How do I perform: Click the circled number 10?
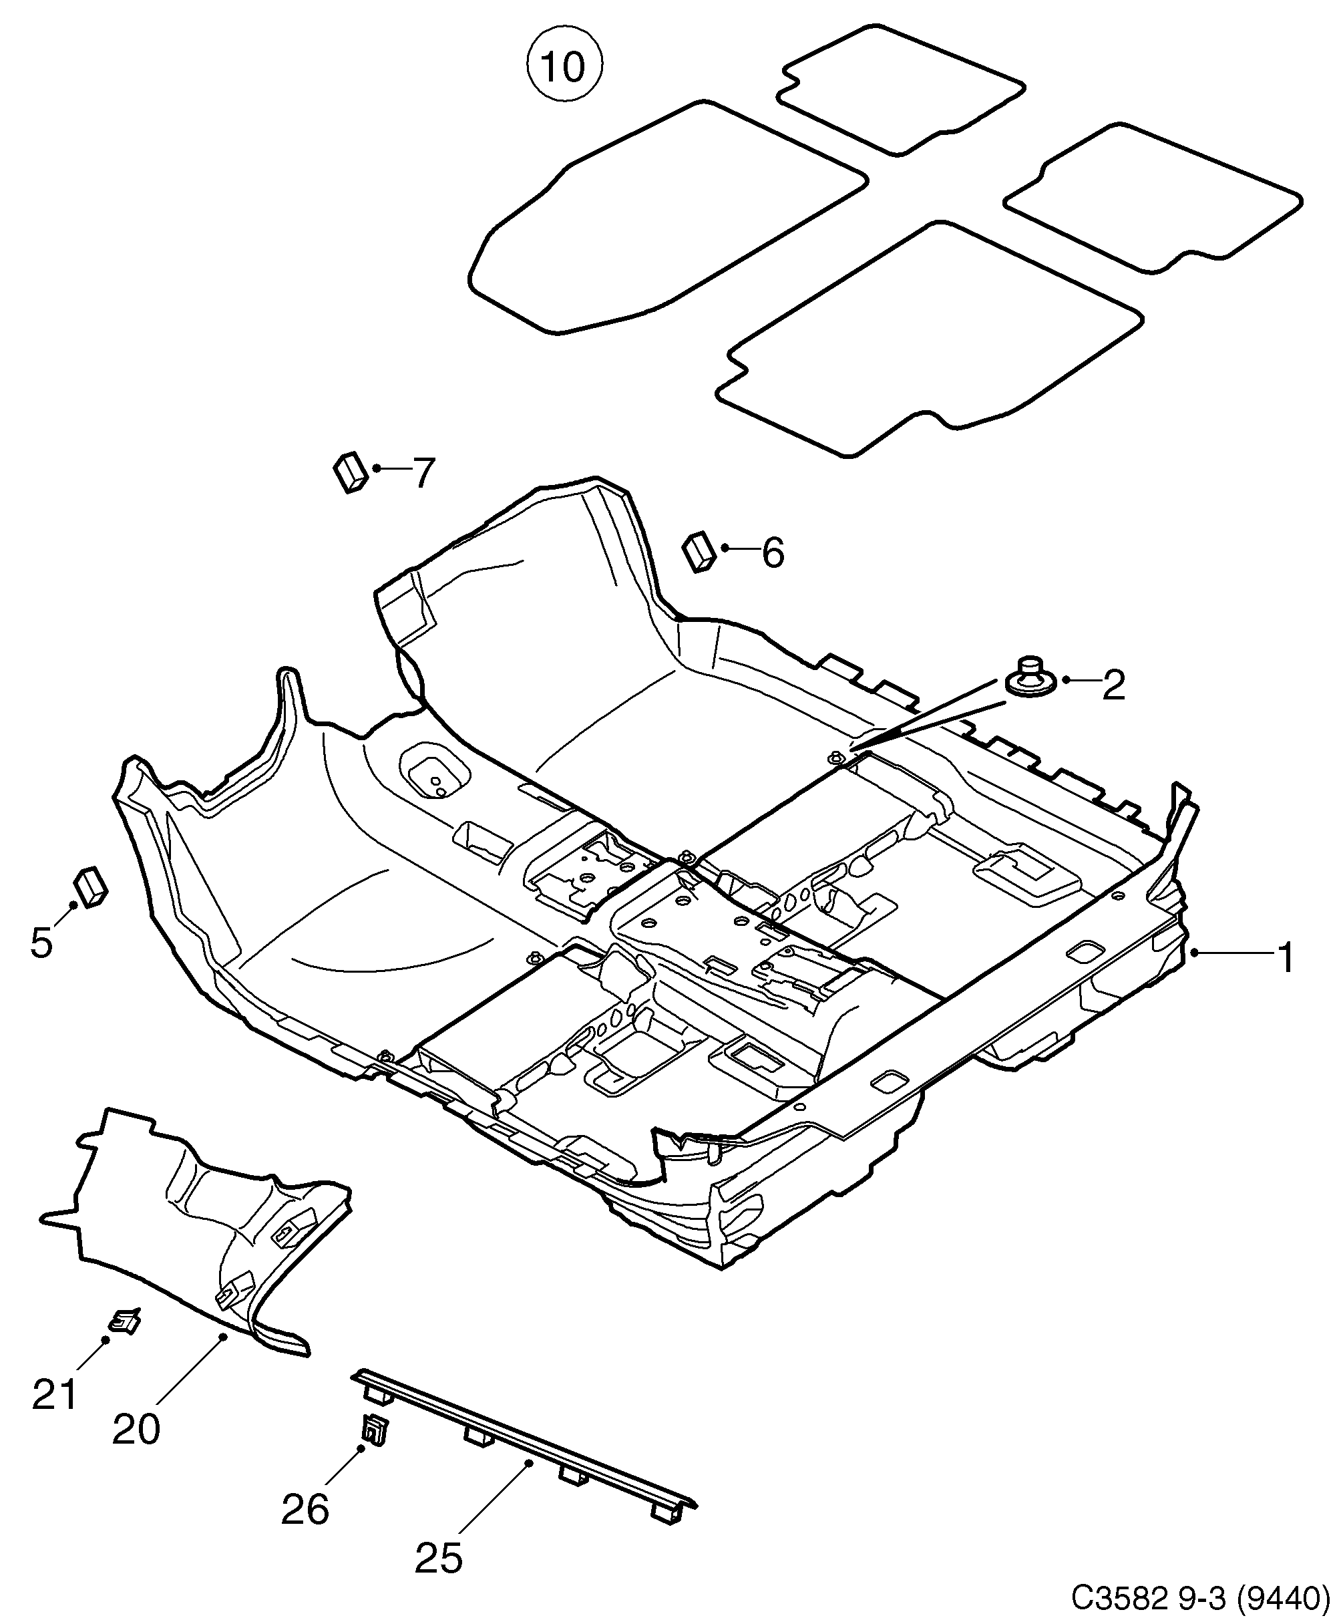(x=564, y=66)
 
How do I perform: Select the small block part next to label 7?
(x=351, y=472)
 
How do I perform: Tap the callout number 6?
(x=773, y=552)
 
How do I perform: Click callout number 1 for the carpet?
(x=1286, y=959)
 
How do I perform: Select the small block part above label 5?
(x=91, y=888)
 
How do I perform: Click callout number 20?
(x=136, y=1428)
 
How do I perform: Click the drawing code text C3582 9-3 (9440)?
(x=1201, y=1597)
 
